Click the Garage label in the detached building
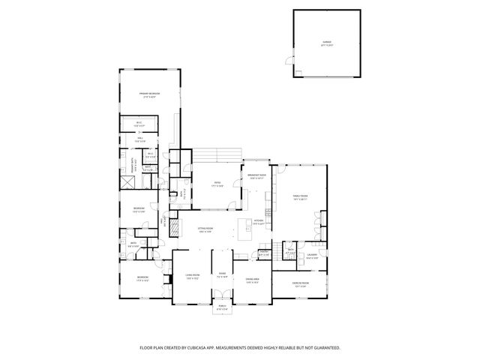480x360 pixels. click(x=326, y=44)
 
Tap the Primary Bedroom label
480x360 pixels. click(x=151, y=95)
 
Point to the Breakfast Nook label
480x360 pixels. click(x=257, y=178)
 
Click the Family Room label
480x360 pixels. click(x=300, y=198)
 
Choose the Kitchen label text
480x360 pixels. click(x=257, y=223)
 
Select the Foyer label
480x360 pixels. click(x=222, y=275)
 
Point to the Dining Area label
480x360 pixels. click(x=252, y=280)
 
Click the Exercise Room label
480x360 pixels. click(x=301, y=283)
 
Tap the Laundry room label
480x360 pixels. click(x=313, y=256)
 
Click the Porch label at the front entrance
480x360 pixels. click(x=222, y=307)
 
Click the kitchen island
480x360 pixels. click(x=245, y=229)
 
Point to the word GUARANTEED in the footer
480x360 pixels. click(x=324, y=347)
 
